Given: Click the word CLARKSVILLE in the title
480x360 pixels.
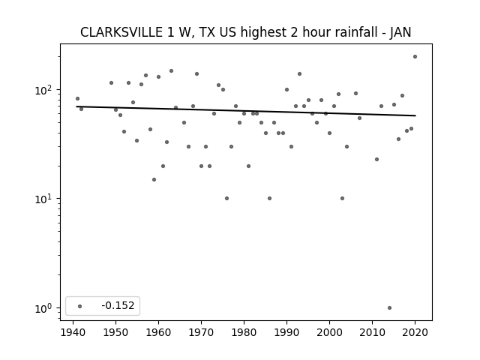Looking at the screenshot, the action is pyautogui.click(x=121, y=32).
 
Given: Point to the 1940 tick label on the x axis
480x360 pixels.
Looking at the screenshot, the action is pyautogui.click(x=73, y=333).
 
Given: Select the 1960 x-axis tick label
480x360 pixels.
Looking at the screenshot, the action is pyautogui.click(x=158, y=333).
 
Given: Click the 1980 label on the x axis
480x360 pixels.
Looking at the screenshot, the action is pyautogui.click(x=244, y=333).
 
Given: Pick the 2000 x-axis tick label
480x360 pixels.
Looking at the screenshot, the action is pyautogui.click(x=329, y=333).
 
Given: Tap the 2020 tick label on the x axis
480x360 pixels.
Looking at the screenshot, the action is pyautogui.click(x=415, y=333).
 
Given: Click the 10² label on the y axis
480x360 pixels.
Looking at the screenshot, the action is pyautogui.click(x=45, y=90).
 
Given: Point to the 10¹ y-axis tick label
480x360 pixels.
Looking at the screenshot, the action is pyautogui.click(x=45, y=199).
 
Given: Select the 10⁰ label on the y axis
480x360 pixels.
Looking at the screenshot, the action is pyautogui.click(x=45, y=308).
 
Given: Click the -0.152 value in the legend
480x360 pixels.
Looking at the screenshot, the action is pyautogui.click(x=118, y=305).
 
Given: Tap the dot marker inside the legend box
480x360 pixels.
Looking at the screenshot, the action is pyautogui.click(x=80, y=306).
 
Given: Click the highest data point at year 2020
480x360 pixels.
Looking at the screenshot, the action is pyautogui.click(x=415, y=57).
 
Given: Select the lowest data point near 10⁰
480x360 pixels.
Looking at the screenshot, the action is pyautogui.click(x=389, y=308).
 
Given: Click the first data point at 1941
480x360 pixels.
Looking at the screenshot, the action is pyautogui.click(x=77, y=98).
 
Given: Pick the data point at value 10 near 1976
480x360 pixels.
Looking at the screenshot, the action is pyautogui.click(x=226, y=198).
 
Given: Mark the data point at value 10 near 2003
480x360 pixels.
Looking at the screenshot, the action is pyautogui.click(x=342, y=198).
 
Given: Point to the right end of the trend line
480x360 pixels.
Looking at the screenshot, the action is pyautogui.click(x=415, y=115).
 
